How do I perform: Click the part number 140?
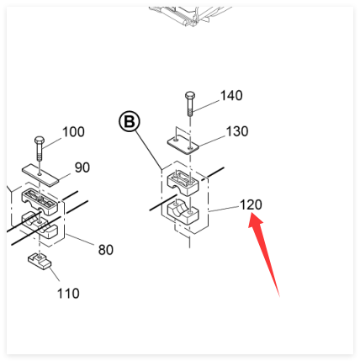[231, 96]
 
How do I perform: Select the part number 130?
[237, 131]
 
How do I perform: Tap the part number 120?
[251, 204]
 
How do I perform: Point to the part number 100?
[73, 132]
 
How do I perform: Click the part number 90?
[82, 167]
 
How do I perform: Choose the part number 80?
[106, 250]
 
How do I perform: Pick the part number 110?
[68, 294]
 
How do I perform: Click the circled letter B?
[130, 122]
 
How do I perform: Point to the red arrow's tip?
[252, 213]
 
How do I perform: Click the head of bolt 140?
[190, 95]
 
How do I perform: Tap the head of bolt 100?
[40, 140]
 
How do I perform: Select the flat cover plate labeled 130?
[183, 145]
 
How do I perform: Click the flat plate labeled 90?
[40, 175]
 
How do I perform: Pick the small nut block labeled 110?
[40, 261]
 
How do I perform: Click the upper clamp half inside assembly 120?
[183, 183]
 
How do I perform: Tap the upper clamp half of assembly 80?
[40, 201]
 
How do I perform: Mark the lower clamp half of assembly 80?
[40, 225]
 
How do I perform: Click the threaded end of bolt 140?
[190, 113]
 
